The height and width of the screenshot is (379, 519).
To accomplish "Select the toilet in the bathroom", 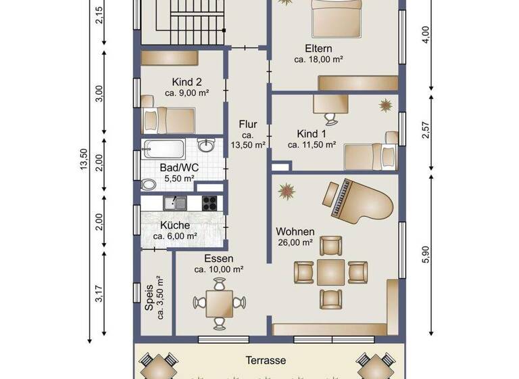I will click(x=148, y=183).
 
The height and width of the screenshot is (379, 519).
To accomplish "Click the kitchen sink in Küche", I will click(x=178, y=202).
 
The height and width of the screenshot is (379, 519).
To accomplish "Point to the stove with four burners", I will click(x=209, y=202).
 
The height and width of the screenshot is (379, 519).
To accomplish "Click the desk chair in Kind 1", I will click(x=330, y=118).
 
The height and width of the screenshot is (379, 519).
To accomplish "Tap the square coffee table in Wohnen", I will click(x=330, y=272).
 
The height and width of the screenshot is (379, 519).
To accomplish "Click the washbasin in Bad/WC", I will click(x=207, y=147).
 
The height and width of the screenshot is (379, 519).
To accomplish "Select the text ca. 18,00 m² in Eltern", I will click(x=318, y=60).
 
